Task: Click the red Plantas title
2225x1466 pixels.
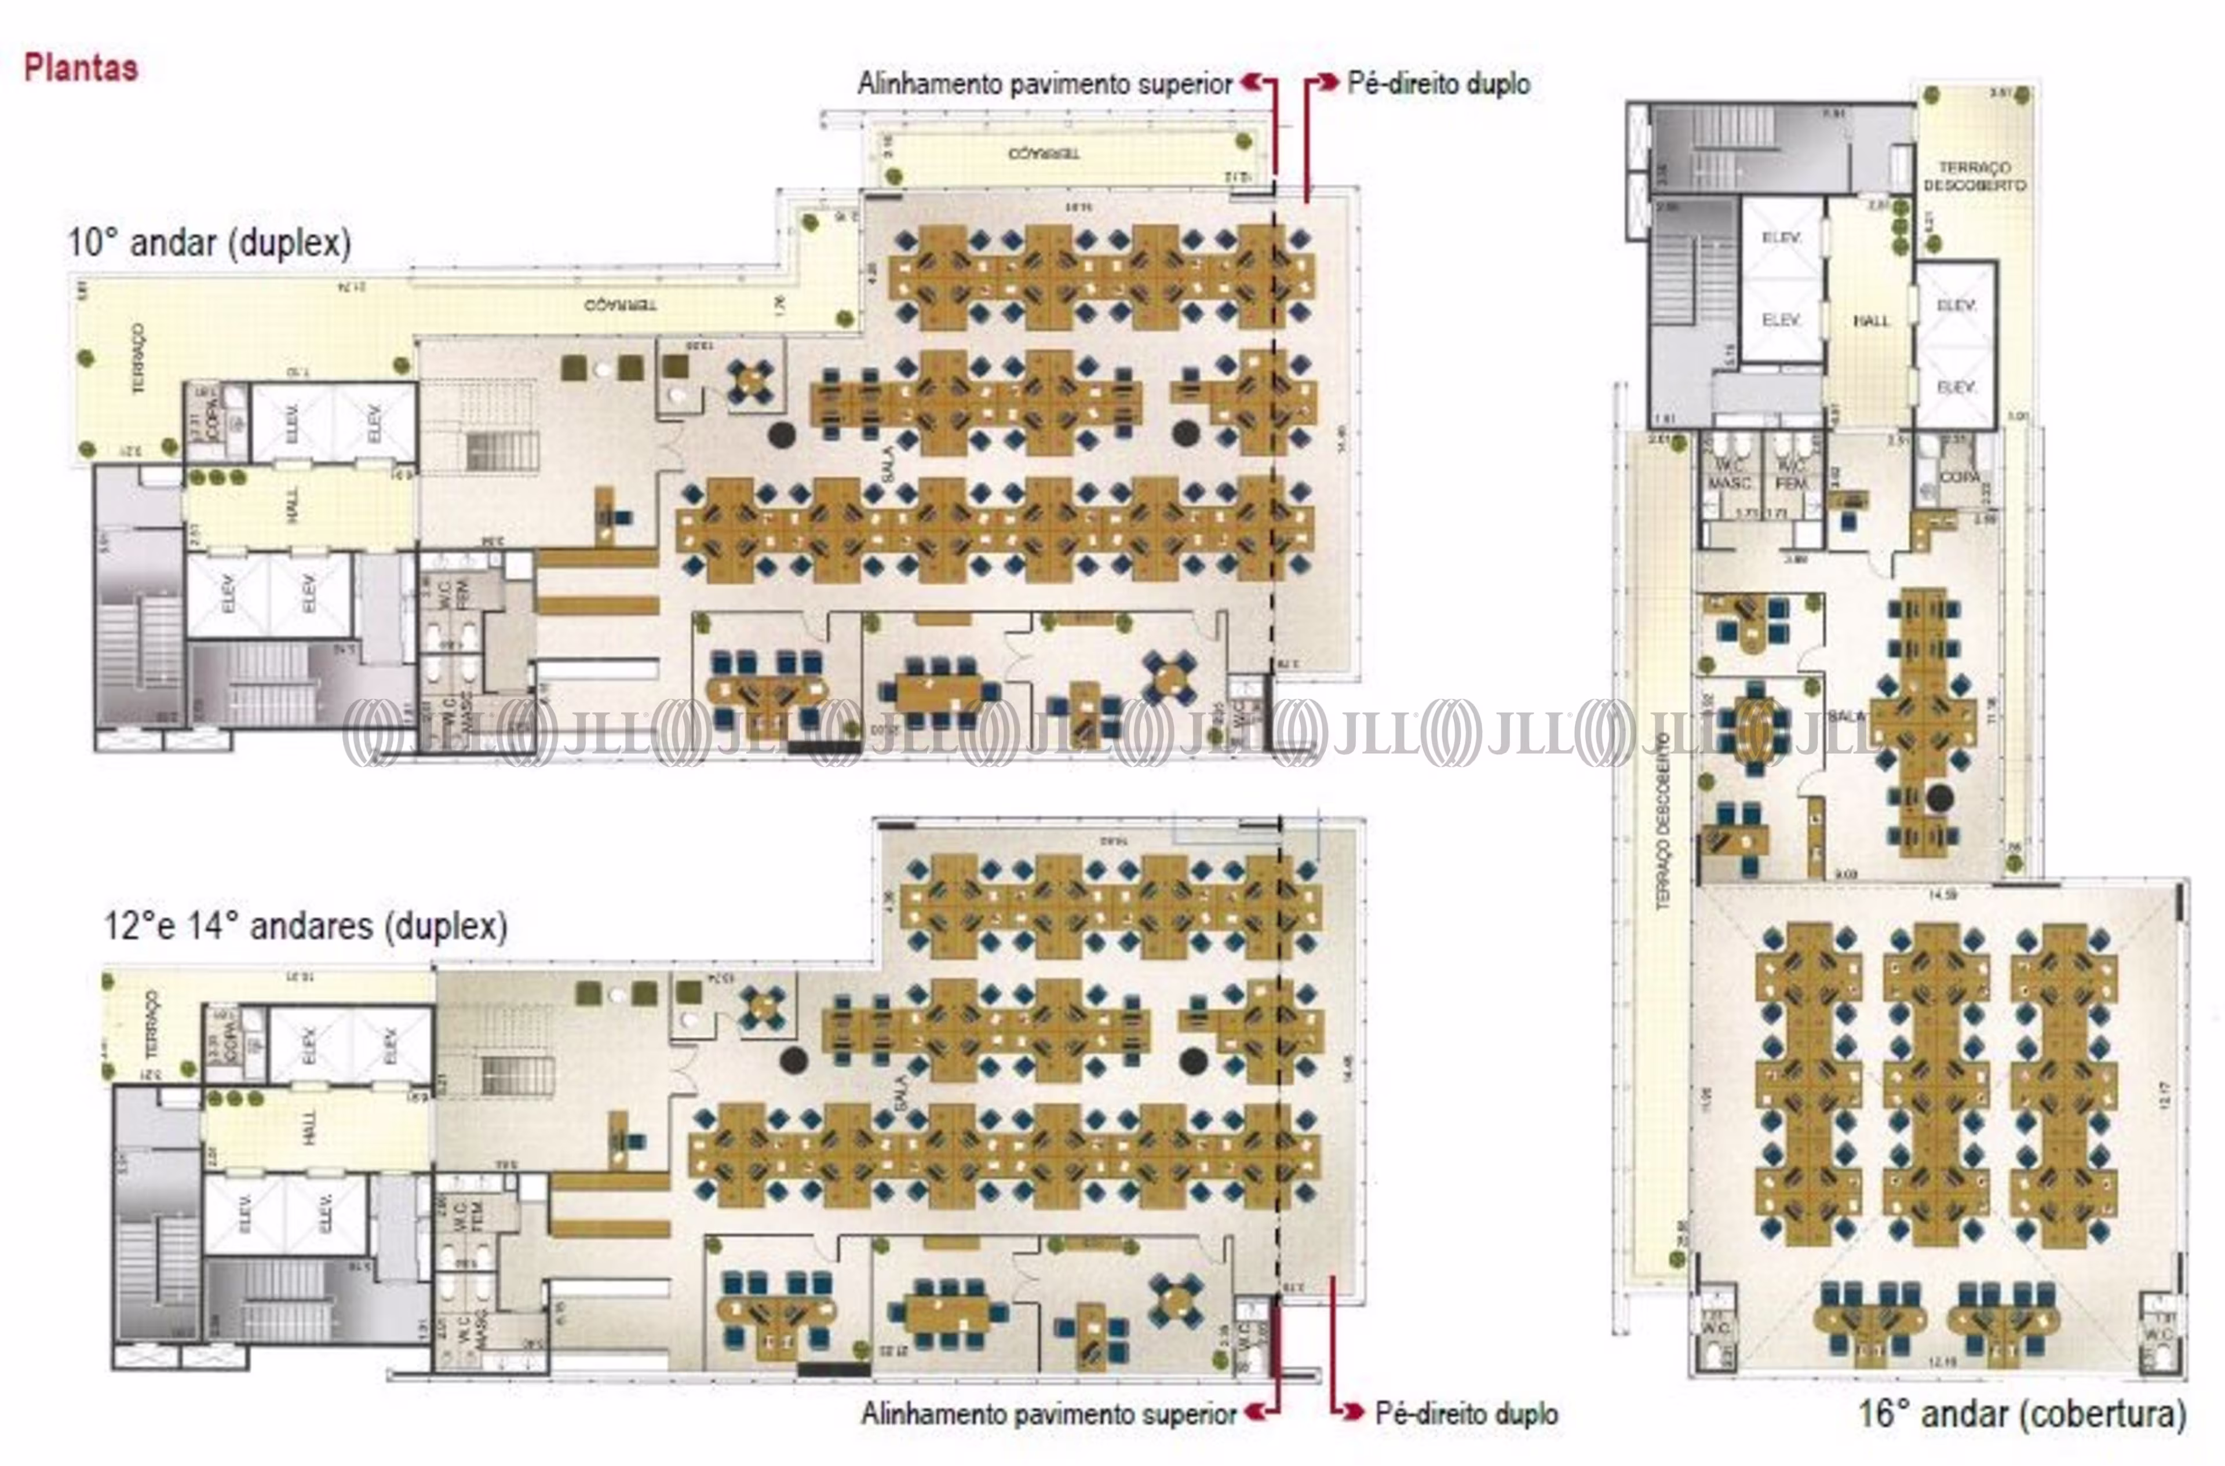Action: pyautogui.click(x=81, y=68)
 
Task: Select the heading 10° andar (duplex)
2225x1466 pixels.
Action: pyautogui.click(x=209, y=243)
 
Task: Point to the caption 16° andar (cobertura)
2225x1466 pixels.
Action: pyautogui.click(x=2021, y=1413)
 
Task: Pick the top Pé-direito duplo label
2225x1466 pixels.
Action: pyautogui.click(x=1438, y=84)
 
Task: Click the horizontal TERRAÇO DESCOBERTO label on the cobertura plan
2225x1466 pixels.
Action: pyautogui.click(x=1975, y=176)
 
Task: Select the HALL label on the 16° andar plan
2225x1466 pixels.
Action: pyautogui.click(x=1871, y=320)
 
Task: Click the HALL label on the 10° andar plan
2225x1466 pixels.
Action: pyautogui.click(x=293, y=505)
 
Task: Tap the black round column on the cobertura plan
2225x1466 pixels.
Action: pyautogui.click(x=1940, y=797)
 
